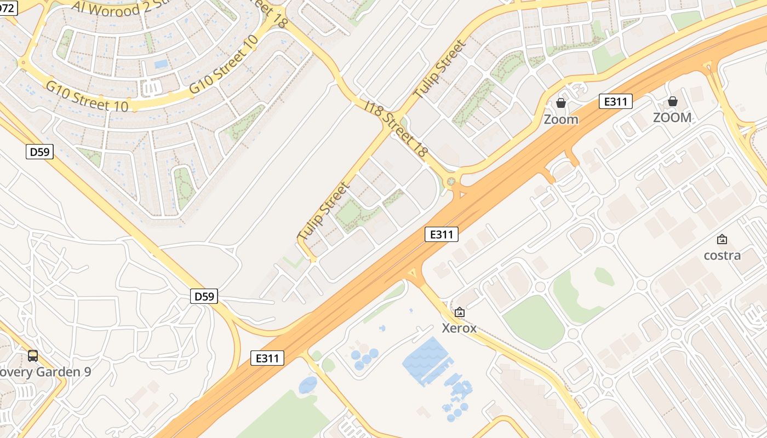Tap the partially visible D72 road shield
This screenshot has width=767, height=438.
click(8, 7)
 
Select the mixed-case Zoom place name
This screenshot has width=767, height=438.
click(560, 119)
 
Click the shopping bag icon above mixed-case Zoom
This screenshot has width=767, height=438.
click(560, 102)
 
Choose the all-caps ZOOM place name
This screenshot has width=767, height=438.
click(672, 117)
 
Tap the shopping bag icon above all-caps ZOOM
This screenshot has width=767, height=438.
click(672, 101)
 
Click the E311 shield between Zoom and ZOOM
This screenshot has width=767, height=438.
click(616, 101)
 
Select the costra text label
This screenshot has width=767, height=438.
click(722, 255)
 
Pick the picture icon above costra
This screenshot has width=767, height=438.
click(722, 239)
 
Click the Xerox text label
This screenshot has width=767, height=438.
click(459, 328)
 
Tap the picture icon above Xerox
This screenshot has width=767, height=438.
click(459, 312)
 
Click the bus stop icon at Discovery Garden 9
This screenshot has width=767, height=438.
click(33, 356)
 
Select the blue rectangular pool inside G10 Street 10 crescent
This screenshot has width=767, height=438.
click(161, 64)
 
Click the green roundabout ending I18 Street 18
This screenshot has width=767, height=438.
click(451, 181)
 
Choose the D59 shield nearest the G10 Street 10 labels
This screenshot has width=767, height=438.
click(39, 152)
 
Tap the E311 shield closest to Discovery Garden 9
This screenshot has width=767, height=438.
click(267, 358)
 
